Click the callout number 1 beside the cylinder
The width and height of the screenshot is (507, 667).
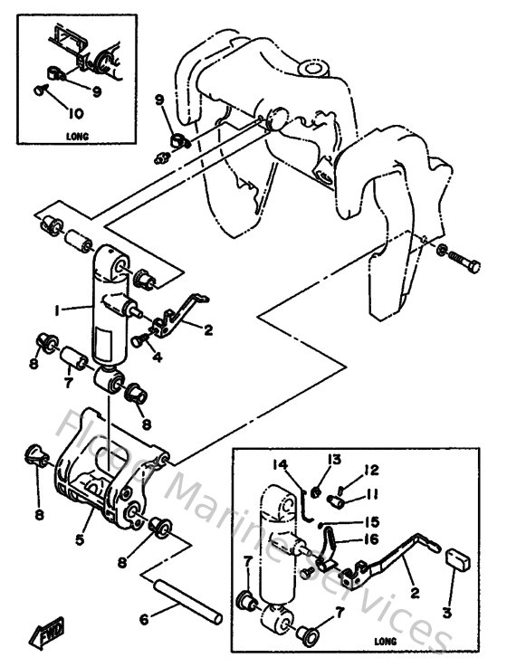pos(57,310)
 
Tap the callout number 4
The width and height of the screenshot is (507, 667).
pos(158,357)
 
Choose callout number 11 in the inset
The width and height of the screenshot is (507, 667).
pos(373,494)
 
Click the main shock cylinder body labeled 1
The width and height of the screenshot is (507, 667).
pos(107,317)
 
